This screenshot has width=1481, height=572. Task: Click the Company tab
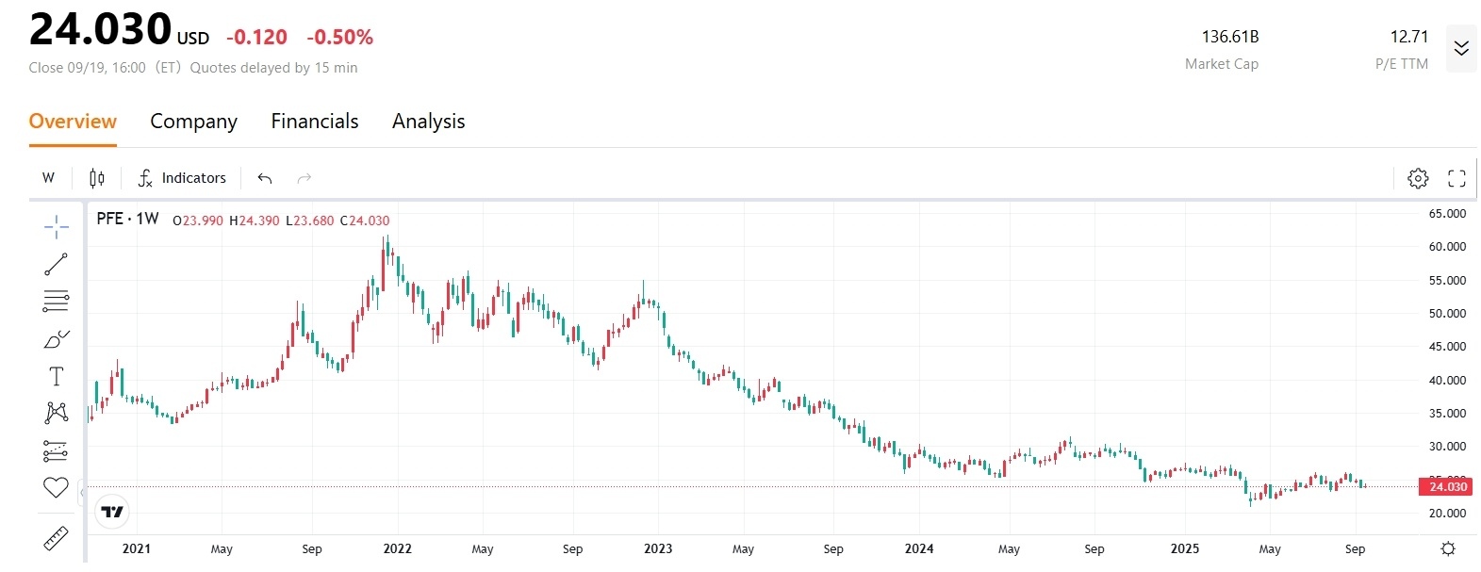(193, 122)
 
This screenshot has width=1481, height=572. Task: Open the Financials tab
(315, 122)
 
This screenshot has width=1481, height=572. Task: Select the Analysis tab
(428, 122)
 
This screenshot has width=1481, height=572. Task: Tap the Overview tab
(73, 122)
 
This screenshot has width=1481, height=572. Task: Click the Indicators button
(182, 178)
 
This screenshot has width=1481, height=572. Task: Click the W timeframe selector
(49, 178)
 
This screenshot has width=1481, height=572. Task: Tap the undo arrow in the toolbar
(265, 178)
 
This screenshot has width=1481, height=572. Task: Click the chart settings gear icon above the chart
(1418, 178)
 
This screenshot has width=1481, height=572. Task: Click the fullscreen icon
(1456, 178)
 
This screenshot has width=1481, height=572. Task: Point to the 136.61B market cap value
(1229, 37)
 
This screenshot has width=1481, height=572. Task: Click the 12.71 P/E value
(1408, 37)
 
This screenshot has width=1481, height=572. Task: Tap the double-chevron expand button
(1461, 48)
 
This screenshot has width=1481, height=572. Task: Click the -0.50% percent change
(339, 38)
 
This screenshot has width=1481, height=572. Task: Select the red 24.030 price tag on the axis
(1447, 486)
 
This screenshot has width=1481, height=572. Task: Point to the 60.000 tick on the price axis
(1447, 247)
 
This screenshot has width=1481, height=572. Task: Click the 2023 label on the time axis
(658, 548)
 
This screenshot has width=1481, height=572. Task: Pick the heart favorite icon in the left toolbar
(56, 487)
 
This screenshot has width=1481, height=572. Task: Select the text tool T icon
(56, 377)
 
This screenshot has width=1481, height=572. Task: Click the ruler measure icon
(56, 538)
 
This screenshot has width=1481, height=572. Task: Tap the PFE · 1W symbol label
(127, 220)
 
